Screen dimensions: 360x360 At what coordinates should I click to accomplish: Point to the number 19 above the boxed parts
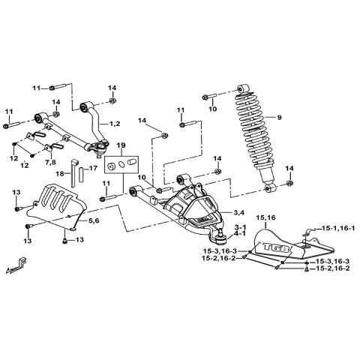tap(121, 145)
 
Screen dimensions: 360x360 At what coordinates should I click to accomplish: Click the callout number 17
tap(92, 169)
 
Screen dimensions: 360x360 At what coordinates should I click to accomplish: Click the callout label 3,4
tap(240, 214)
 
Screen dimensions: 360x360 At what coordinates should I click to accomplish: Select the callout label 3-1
tap(240, 226)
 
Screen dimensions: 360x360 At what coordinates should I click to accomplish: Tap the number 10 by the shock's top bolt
tap(212, 109)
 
